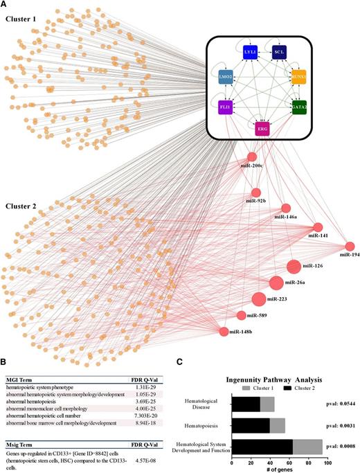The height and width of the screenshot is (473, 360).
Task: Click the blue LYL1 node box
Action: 250,53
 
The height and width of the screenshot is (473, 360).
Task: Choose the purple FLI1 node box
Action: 229,107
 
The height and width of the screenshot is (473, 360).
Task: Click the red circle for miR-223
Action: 258,299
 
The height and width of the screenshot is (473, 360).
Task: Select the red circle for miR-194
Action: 350,247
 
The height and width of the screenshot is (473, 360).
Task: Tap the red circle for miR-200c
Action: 251,157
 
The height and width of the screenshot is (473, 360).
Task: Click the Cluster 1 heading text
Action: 24,19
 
